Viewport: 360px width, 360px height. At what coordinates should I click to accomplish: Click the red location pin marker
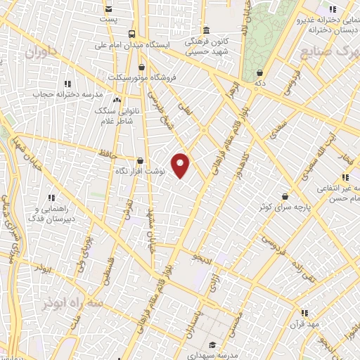[x=181, y=165]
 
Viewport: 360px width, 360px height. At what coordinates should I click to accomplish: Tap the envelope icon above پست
[x=108, y=9]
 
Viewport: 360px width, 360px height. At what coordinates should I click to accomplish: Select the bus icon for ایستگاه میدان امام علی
[x=131, y=34]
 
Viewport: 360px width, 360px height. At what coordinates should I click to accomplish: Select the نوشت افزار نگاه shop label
[x=139, y=171]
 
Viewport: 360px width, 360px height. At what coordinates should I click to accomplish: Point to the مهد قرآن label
[x=307, y=325]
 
